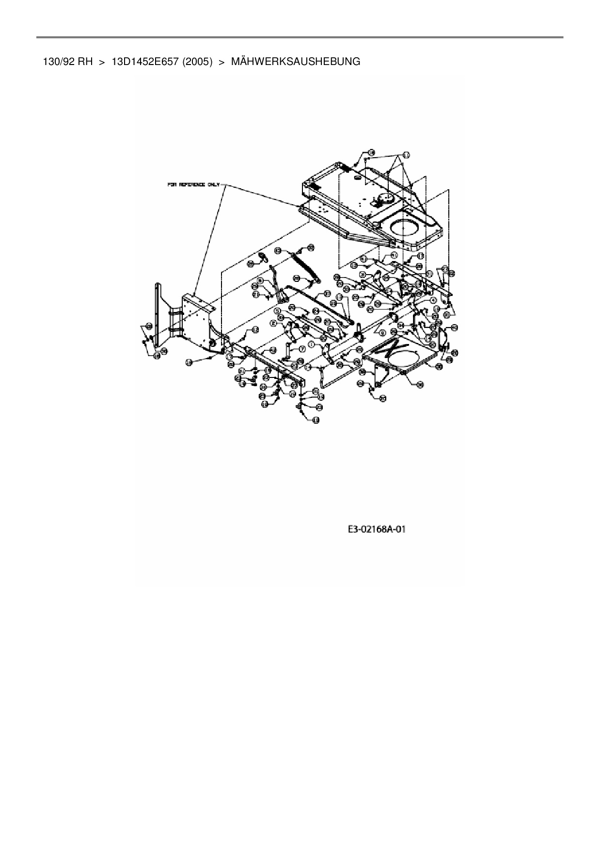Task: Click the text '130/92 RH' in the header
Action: tap(64, 62)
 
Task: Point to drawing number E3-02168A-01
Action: tap(376, 529)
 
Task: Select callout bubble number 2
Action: tap(274, 323)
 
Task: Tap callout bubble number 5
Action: tap(277, 311)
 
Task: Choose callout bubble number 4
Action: tap(427, 300)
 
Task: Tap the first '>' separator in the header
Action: tap(102, 62)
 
